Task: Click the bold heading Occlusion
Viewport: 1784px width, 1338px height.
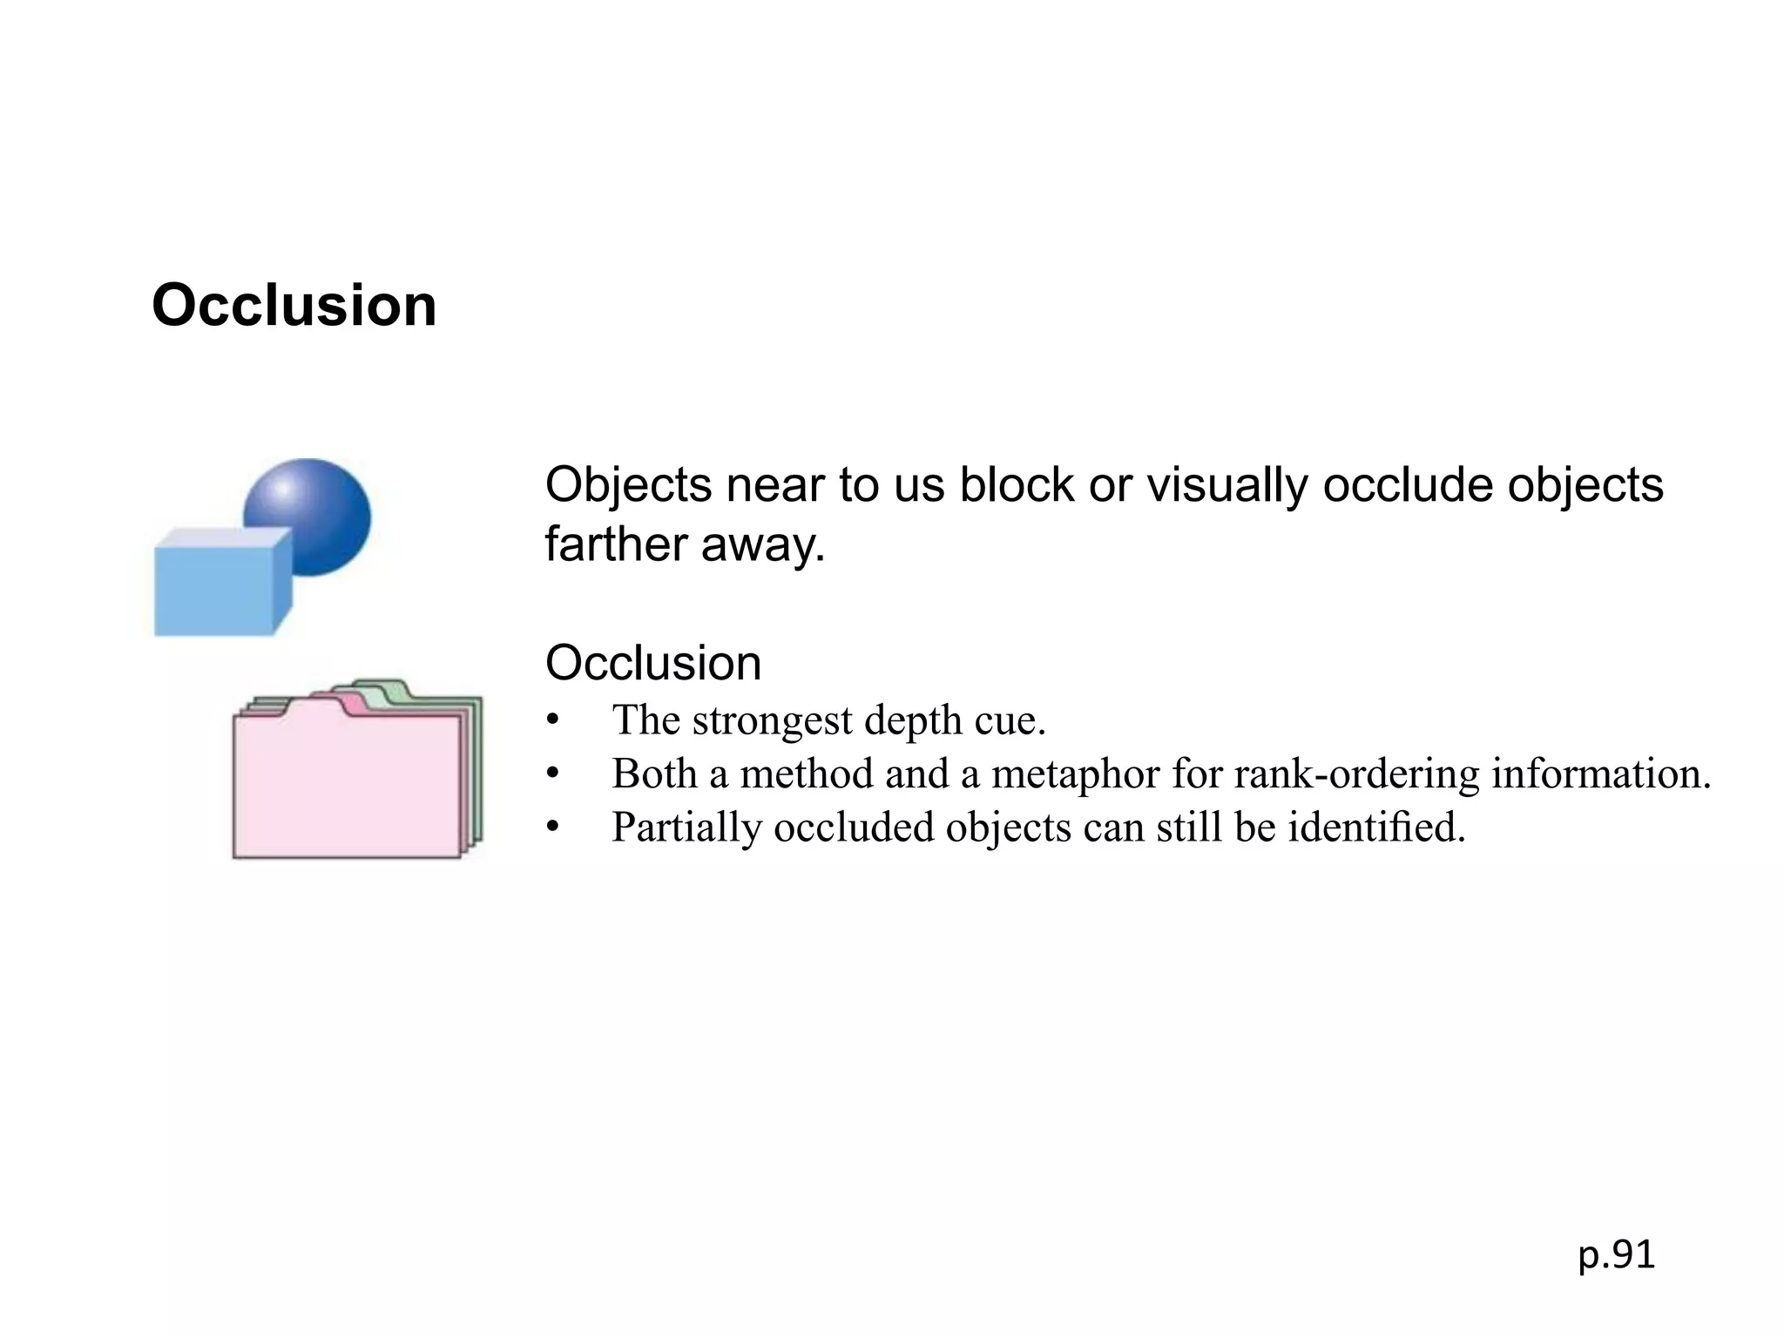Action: coord(294,306)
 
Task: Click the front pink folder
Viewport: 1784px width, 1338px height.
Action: coord(347,784)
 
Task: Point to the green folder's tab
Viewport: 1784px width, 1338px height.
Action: coord(383,688)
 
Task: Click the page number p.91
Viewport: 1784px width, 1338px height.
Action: coord(1616,1255)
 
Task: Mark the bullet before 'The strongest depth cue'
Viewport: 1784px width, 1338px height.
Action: coord(551,720)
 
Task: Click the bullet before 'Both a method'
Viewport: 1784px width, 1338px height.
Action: coord(551,774)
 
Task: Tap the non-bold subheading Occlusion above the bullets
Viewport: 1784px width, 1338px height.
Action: coord(653,663)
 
